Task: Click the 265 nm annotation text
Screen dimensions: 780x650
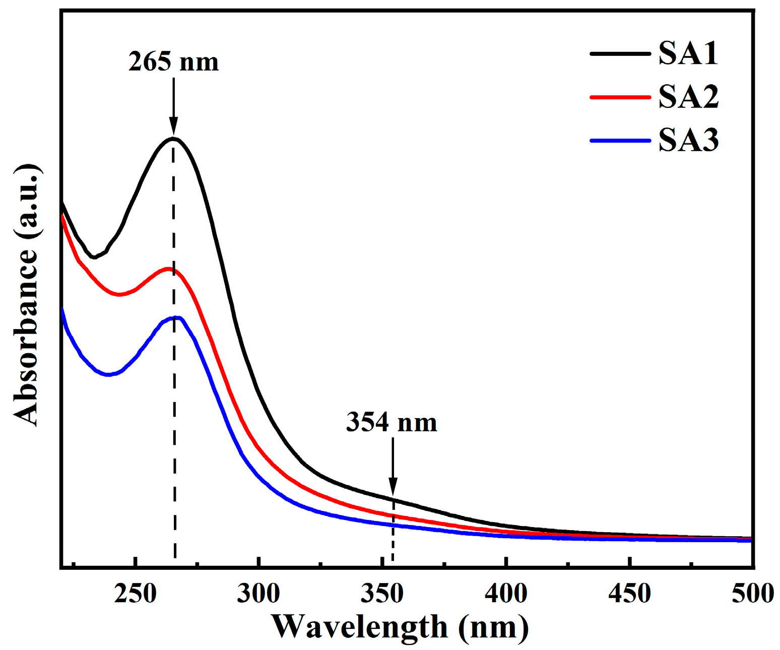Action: tap(173, 62)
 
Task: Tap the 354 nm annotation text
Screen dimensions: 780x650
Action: tap(392, 422)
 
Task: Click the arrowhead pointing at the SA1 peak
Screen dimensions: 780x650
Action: tap(173, 126)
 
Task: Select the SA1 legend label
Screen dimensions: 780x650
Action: tap(688, 53)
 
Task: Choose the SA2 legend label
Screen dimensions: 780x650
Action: tap(688, 97)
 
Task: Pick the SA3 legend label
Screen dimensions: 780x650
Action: tap(688, 140)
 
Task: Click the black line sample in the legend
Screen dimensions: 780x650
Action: tap(620, 53)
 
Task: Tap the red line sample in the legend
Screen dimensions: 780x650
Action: tap(620, 97)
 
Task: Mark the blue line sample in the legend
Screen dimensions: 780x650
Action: tap(620, 141)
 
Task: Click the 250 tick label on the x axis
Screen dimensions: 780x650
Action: tap(135, 594)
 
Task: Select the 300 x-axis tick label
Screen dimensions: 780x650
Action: tap(258, 594)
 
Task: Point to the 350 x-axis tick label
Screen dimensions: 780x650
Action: tap(382, 594)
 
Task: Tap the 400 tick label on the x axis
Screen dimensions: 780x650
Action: tap(506, 594)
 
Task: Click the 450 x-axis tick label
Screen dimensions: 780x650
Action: tap(629, 594)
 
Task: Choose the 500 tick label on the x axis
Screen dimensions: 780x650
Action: tap(752, 594)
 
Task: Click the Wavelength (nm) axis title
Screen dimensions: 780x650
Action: tap(401, 627)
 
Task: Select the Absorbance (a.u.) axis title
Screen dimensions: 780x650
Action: tap(26, 295)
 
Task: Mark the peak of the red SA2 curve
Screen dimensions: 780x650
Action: tap(168, 269)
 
